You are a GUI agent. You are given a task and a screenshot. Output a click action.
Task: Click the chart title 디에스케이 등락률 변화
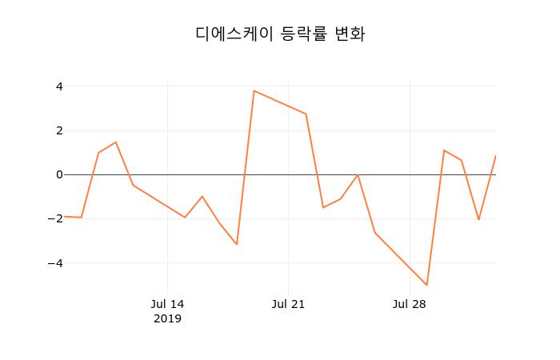pos(280,34)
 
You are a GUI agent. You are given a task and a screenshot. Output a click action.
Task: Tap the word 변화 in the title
pos(350,34)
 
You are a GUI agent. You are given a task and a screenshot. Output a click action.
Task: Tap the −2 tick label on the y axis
pos(56,218)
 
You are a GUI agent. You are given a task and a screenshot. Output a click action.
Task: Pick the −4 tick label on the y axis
pos(56,263)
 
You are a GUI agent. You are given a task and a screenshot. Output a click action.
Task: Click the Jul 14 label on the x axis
pos(167,304)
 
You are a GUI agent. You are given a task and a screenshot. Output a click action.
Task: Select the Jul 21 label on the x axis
pos(288,304)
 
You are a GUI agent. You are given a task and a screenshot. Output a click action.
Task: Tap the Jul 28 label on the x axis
pos(410,304)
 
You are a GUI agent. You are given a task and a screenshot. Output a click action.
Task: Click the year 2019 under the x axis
pos(167,318)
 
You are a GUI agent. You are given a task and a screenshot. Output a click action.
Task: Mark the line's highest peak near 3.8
pos(254,90)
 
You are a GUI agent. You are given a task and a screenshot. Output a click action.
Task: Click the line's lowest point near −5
pos(427,285)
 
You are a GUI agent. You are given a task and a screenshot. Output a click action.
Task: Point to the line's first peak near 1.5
pos(116,142)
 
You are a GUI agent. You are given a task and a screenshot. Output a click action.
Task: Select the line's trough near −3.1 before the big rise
pos(237,244)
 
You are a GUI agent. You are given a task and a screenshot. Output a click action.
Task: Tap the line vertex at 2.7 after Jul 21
pos(306,114)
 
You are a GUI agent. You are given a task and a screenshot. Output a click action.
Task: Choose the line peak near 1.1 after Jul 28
pos(444,150)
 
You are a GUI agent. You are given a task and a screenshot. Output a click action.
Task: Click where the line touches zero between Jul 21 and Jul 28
pos(358,174)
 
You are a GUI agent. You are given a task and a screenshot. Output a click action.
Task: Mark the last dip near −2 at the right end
pos(478,219)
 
